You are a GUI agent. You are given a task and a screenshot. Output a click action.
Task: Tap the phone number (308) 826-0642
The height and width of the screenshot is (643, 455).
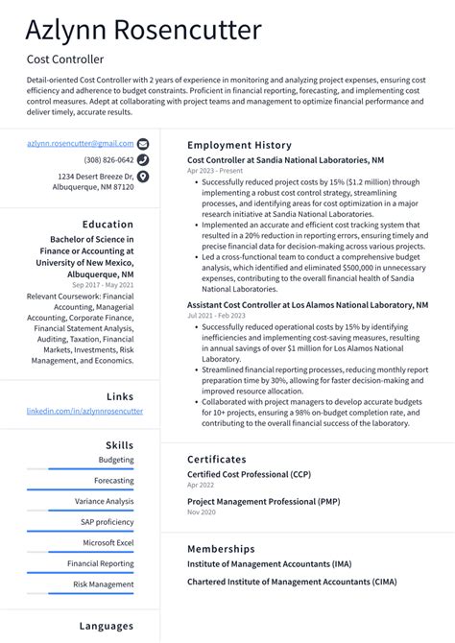(x=108, y=160)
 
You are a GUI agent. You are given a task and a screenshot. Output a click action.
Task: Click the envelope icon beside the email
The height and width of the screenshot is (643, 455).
(x=143, y=143)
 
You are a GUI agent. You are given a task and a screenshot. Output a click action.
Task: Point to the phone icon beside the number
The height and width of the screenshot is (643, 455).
(x=143, y=160)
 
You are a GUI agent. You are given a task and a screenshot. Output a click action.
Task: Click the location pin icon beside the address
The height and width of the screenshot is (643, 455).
(x=143, y=177)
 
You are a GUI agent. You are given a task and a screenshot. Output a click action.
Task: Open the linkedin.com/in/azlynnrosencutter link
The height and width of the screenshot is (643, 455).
(x=84, y=411)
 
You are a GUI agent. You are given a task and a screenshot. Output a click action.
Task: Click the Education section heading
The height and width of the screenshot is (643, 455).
(x=108, y=224)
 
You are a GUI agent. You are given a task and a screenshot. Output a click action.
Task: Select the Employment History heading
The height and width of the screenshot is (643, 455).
(x=239, y=145)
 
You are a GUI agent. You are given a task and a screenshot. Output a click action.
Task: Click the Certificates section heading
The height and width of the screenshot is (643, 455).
(x=217, y=460)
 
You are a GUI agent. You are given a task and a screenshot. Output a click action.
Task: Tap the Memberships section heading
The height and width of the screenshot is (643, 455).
(x=221, y=549)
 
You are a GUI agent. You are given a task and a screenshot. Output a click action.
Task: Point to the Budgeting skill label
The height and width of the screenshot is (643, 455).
(x=116, y=460)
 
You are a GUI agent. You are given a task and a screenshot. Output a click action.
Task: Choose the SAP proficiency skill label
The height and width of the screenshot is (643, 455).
(x=108, y=522)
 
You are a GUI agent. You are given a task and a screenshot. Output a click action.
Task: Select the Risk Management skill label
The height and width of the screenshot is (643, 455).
(x=104, y=584)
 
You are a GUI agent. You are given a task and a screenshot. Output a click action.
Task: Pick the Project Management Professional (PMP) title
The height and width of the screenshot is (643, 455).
(x=264, y=500)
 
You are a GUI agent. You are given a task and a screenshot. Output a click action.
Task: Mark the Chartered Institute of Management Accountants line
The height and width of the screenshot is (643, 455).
(x=292, y=582)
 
